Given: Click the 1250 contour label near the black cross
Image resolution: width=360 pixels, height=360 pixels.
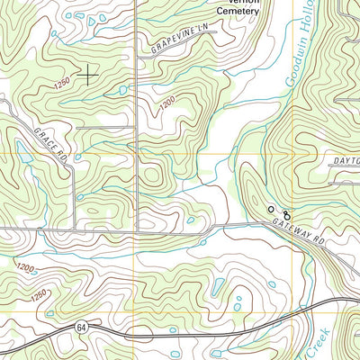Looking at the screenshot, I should point(62,84).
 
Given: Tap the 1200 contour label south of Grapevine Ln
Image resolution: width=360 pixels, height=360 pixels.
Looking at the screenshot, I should point(167,106).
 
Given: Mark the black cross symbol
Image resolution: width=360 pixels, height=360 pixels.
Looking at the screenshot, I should point(87,75).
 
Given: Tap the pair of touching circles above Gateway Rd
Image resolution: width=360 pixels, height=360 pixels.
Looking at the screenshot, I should point(286,214).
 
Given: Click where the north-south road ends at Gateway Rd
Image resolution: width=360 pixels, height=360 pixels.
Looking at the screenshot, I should point(135,230).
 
